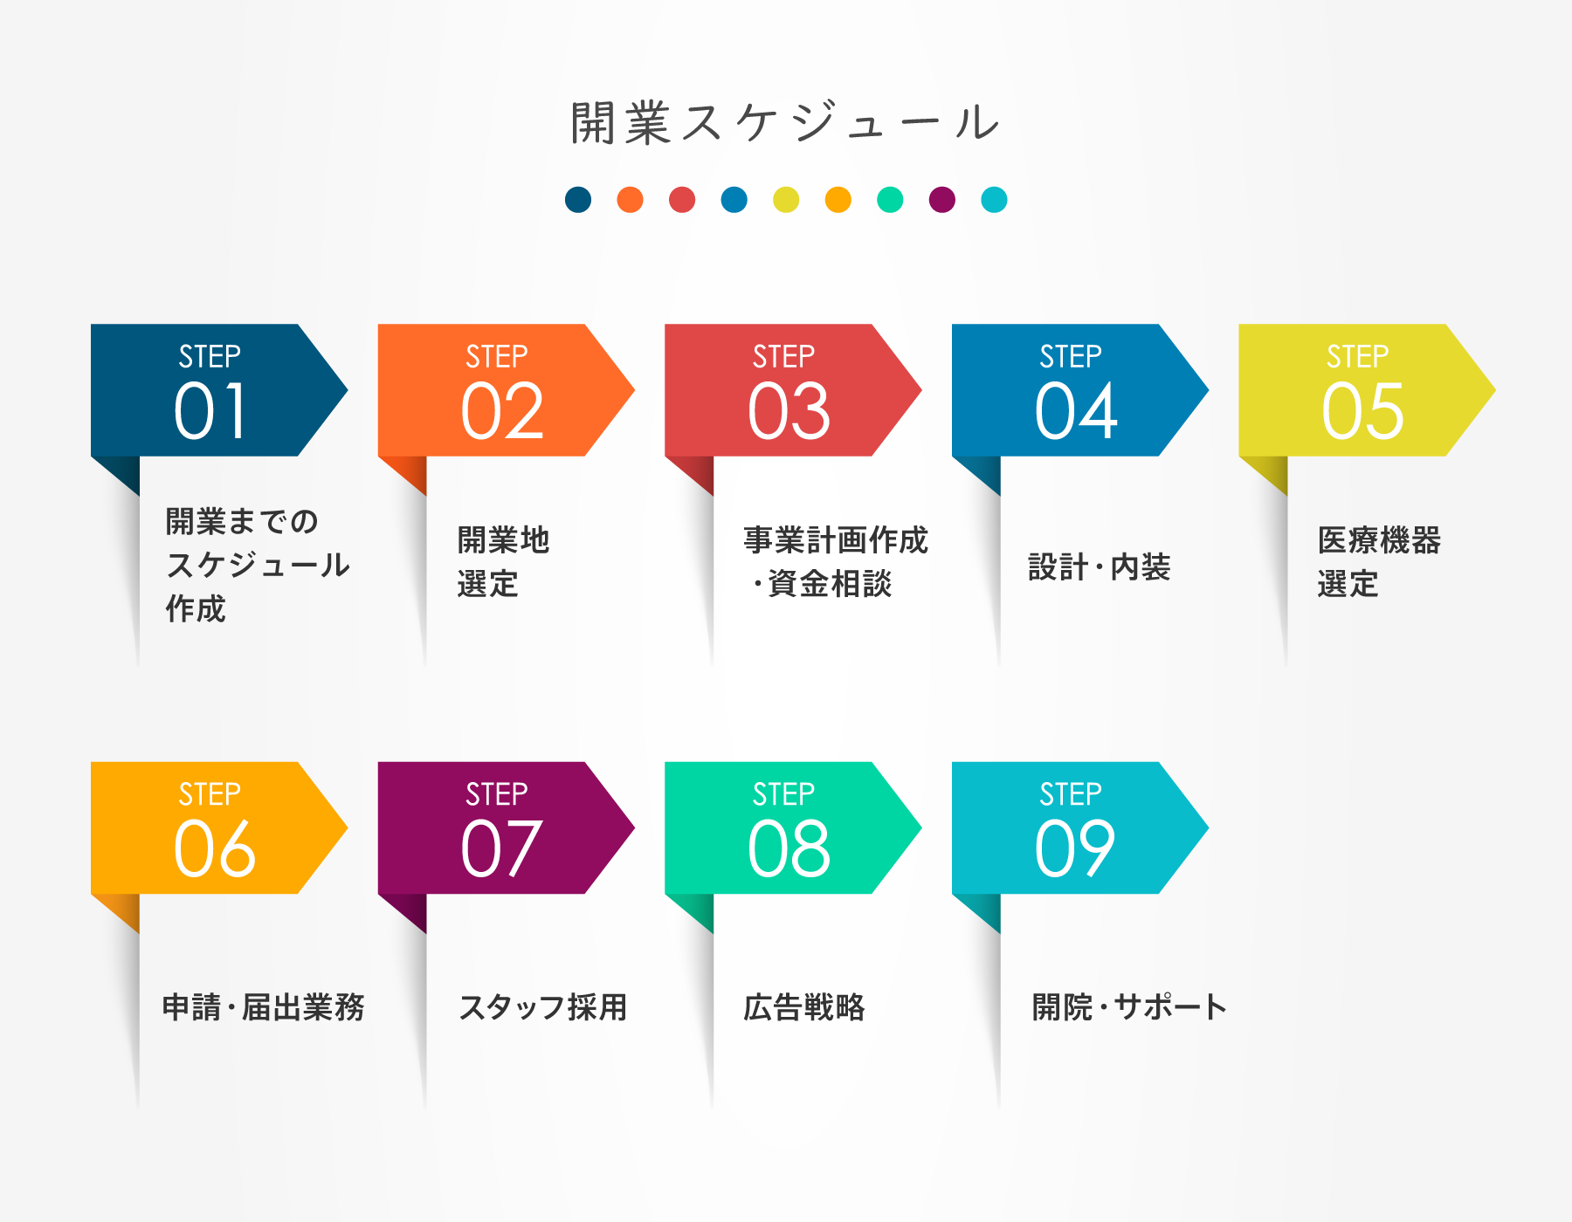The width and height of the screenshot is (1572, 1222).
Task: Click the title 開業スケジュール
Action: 785,122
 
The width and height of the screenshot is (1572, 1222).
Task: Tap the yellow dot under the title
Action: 786,200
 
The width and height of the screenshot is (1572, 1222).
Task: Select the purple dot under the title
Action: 942,200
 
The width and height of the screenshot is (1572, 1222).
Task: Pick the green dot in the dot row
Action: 890,200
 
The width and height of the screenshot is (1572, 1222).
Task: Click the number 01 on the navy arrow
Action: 210,411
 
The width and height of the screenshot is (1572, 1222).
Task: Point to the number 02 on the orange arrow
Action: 502,411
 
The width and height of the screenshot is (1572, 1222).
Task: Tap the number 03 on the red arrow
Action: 789,411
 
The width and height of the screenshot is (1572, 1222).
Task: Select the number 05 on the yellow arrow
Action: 1362,411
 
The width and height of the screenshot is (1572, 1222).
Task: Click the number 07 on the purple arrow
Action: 501,848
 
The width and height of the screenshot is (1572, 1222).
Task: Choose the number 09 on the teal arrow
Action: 1075,848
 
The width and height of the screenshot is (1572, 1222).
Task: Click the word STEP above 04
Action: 1071,356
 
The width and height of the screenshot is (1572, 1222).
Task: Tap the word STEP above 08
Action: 783,793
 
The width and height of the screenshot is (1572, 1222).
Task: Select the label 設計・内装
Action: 1099,567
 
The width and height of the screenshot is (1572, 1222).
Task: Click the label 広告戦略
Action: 804,1007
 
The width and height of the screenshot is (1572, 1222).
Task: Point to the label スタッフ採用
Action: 543,1007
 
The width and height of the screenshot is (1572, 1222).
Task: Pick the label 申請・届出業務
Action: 264,1007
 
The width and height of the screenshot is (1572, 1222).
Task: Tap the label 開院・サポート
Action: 1129,1007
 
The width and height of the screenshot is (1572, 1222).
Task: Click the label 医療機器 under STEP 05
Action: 1379,540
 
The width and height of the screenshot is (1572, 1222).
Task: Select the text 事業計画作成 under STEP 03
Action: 836,540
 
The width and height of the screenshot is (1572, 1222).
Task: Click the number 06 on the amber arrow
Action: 215,848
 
